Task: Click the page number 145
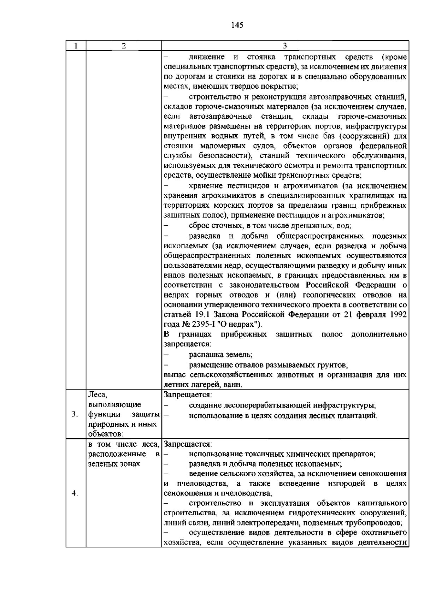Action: tap(237, 25)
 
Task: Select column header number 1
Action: tap(76, 46)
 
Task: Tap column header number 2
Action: tap(123, 46)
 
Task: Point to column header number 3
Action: tap(285, 46)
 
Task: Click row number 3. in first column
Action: tap(75, 414)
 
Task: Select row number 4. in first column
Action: tap(75, 493)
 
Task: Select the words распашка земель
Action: tap(220, 354)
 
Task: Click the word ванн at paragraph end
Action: tap(234, 385)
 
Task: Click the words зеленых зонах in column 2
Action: tap(114, 464)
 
